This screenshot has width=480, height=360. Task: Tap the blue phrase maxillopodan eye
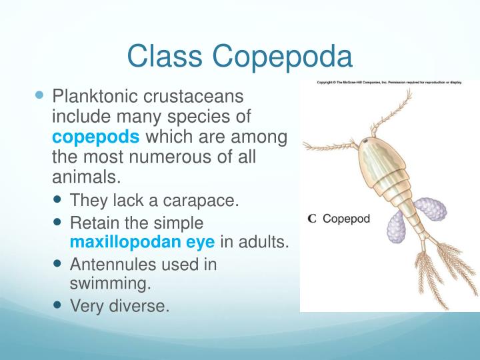tap(142, 241)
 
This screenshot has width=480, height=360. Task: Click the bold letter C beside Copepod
tap(311, 219)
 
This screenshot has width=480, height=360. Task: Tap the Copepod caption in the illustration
tap(346, 219)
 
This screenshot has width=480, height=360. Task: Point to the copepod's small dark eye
tap(365, 142)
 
